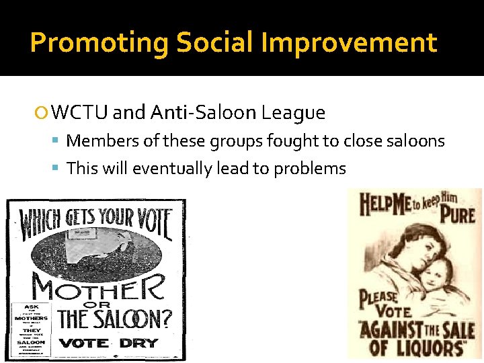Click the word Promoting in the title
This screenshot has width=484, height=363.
coord(99,43)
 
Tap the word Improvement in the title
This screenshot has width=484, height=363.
coord(350,43)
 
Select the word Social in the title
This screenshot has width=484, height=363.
coord(215,43)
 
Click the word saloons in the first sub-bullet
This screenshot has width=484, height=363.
coord(413,140)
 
